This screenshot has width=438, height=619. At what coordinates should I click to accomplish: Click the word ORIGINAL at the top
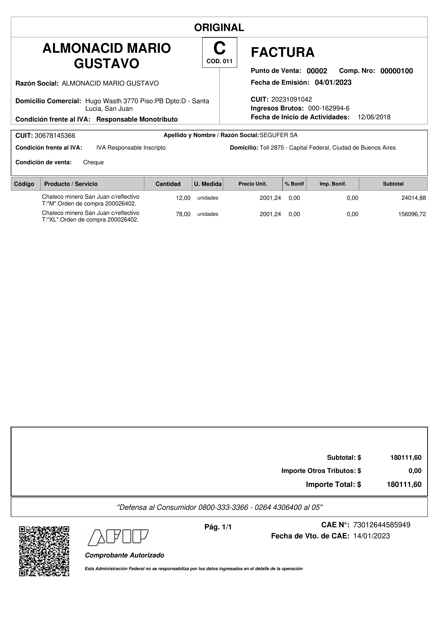coord(219,28)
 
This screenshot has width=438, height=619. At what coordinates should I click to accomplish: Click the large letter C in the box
coord(219,49)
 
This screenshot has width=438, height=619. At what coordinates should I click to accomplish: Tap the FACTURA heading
coord(283,52)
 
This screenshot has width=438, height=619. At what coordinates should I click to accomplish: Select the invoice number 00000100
coord(396,71)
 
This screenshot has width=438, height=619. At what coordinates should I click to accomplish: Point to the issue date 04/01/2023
coord(333,83)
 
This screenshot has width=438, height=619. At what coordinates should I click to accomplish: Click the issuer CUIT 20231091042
coord(291,99)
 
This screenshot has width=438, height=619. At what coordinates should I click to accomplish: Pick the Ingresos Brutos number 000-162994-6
coord(328,108)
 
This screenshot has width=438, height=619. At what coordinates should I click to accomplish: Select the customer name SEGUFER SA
coord(279,135)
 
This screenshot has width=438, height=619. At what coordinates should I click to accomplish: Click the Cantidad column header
coord(168,184)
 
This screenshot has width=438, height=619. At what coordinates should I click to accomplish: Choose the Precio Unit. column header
coord(253,184)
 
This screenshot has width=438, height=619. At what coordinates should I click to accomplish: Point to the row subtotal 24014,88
coord(413,198)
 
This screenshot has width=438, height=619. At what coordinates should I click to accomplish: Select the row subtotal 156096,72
coord(412,214)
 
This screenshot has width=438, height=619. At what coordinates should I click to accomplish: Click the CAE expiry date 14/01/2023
coord(371,536)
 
